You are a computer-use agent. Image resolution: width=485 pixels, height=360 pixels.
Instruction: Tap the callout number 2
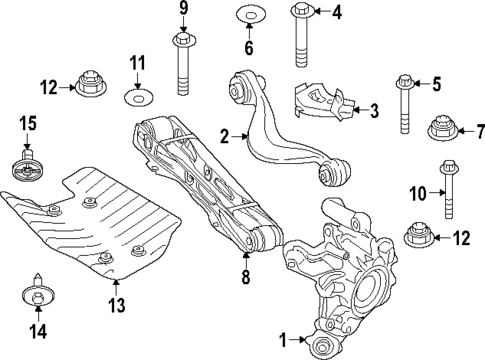(x=225, y=135)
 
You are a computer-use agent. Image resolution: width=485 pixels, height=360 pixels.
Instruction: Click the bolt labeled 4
(x=303, y=36)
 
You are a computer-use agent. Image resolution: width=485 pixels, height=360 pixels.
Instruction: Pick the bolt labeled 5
(x=405, y=105)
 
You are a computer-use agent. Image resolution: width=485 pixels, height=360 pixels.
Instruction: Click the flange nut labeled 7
(x=441, y=130)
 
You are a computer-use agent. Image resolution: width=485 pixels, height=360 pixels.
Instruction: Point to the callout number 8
(x=247, y=276)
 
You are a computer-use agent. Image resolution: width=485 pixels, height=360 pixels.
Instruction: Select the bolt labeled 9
(x=184, y=65)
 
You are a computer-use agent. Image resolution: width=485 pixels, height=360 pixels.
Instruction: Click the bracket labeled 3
(x=320, y=102)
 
